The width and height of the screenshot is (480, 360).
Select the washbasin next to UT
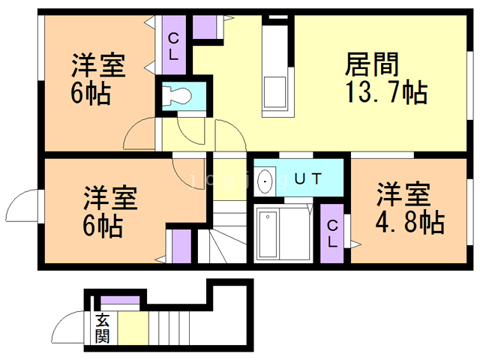click(x=265, y=180)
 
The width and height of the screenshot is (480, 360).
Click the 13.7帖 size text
click(x=385, y=94)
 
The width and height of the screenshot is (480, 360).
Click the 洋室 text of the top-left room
click(x=99, y=66)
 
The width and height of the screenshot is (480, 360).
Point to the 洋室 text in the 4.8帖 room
click(x=403, y=194)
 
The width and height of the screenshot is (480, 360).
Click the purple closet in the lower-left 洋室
click(x=181, y=247)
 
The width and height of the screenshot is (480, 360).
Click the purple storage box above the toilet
click(x=204, y=25)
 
